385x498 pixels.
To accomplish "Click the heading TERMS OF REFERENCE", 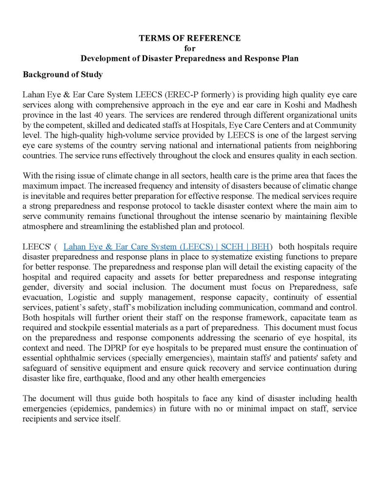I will coord(189,38).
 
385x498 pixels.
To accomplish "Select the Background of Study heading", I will coord(62,75).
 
